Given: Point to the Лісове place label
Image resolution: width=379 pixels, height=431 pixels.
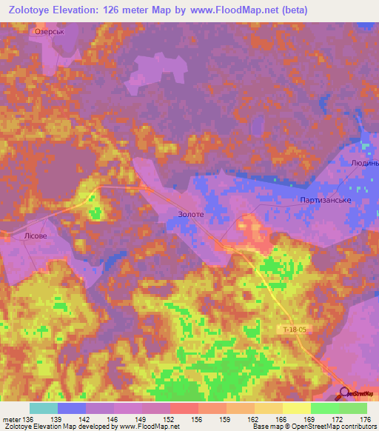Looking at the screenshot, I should [x=36, y=236].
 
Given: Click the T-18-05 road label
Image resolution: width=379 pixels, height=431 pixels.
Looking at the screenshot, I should [x=293, y=327].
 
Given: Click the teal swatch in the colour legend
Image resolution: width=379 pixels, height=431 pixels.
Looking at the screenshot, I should [x=44, y=408].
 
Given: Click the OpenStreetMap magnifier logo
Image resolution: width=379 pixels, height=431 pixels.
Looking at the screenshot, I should [x=344, y=393].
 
